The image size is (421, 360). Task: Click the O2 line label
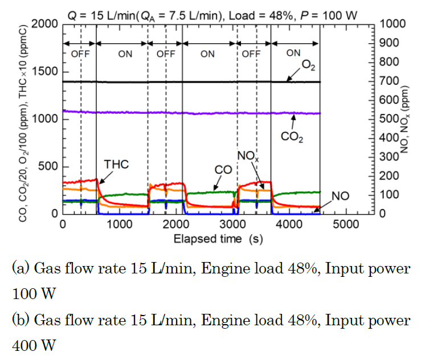[309, 66]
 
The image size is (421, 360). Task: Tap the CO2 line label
[293, 137]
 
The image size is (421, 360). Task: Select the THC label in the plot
[116, 165]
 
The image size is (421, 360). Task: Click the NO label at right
[341, 197]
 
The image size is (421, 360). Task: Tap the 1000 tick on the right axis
[395, 24]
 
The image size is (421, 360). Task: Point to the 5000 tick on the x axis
[345, 224]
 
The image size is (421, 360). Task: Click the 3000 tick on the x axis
[232, 224]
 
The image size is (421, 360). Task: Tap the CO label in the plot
[223, 170]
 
